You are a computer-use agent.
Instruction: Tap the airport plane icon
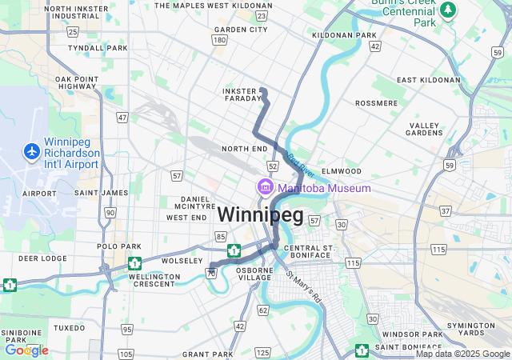(32, 150)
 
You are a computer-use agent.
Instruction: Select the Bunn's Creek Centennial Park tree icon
(449, 10)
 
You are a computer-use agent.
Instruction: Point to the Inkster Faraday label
(242, 95)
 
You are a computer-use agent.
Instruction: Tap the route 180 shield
(219, 39)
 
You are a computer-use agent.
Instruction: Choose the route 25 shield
(73, 32)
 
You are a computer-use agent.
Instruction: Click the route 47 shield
(122, 117)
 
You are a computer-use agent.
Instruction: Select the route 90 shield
(110, 212)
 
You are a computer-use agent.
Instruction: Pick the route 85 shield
(221, 236)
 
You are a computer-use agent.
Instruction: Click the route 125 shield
(264, 351)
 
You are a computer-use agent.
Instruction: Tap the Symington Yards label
(470, 329)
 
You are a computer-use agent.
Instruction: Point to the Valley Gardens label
(425, 129)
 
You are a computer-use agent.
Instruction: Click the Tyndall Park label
(98, 48)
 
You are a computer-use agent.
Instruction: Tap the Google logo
(26, 350)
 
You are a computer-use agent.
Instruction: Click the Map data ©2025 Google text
(462, 354)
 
